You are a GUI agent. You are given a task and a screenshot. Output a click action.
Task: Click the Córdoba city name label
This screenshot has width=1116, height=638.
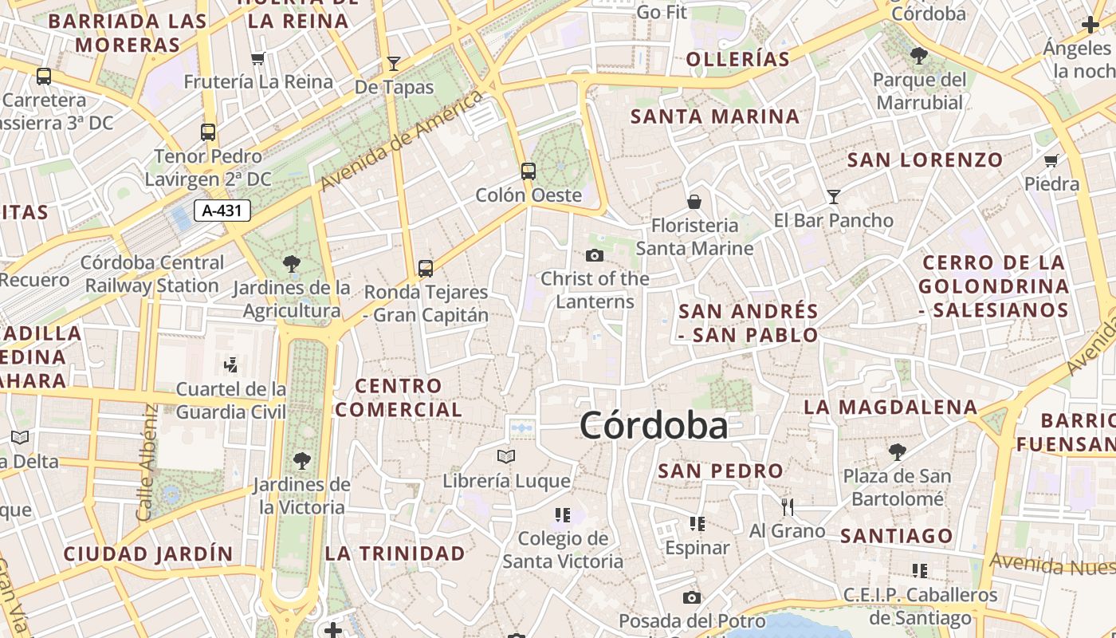coord(654,425)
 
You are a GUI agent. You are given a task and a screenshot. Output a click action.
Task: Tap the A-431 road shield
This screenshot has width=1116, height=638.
coord(222,211)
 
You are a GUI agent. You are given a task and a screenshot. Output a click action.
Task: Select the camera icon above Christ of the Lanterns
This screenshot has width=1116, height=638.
coord(594,256)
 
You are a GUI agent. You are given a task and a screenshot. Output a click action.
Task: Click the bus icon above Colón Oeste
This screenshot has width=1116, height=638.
coord(528,171)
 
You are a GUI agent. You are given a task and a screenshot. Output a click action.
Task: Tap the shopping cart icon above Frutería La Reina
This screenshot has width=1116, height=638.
coord(257,58)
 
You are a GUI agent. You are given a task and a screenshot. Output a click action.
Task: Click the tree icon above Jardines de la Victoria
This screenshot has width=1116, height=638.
coord(301,460)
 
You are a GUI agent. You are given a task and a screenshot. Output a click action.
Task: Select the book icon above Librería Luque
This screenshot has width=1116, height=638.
coord(506,457)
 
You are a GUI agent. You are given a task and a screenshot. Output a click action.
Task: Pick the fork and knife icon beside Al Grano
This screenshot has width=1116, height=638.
coord(788,506)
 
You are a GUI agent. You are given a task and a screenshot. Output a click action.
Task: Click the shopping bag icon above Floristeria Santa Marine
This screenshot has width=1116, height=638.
coord(694,202)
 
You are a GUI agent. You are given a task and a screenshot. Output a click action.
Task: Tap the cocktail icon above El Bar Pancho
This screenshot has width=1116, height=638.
coord(834,196)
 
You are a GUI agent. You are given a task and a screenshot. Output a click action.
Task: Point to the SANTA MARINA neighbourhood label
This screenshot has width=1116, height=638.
coord(715,116)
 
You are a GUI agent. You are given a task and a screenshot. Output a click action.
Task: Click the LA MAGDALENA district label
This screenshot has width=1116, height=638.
coord(890,407)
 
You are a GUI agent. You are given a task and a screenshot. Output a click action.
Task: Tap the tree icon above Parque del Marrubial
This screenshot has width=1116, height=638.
coord(919,56)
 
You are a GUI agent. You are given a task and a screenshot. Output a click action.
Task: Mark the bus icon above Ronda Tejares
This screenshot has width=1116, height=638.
coord(426,269)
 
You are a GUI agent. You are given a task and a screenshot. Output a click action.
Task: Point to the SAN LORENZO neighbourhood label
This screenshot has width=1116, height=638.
coord(925,159)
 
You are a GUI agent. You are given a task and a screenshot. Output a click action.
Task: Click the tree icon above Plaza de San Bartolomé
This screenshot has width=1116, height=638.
coord(898,452)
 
